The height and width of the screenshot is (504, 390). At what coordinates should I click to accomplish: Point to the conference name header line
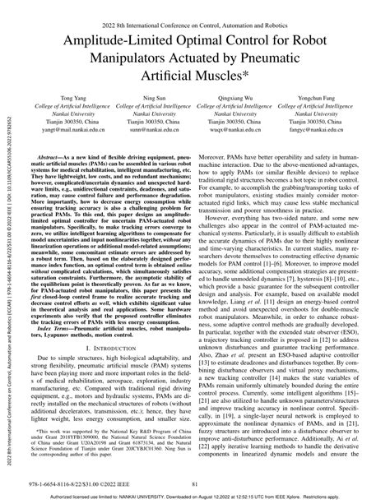click(x=194, y=10)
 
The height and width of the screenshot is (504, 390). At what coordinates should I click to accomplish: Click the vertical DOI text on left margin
click(x=8, y=247)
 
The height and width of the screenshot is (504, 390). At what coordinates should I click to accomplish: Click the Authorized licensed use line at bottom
click(x=195, y=496)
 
